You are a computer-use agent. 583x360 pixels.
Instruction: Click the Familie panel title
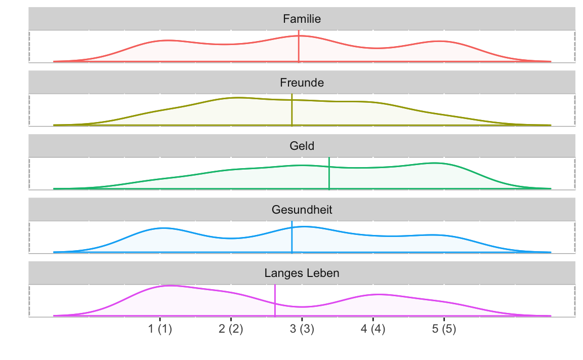click(x=302, y=19)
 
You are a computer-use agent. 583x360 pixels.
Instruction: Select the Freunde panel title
click(x=302, y=83)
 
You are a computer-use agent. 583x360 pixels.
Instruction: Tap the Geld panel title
click(x=302, y=146)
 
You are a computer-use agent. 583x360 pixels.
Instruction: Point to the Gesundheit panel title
click(x=302, y=210)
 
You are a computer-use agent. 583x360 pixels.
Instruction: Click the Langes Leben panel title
click(x=302, y=273)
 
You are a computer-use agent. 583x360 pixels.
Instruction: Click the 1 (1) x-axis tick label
click(x=160, y=329)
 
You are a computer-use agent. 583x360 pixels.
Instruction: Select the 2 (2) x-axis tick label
click(x=231, y=329)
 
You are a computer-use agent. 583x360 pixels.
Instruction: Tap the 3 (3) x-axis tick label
click(x=302, y=329)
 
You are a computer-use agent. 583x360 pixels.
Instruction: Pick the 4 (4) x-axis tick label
click(x=373, y=329)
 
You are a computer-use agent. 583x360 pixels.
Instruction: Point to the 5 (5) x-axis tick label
click(x=444, y=329)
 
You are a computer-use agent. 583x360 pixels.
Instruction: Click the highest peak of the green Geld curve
click(x=435, y=163)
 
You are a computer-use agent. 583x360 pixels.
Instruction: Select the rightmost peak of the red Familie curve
click(x=441, y=41)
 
